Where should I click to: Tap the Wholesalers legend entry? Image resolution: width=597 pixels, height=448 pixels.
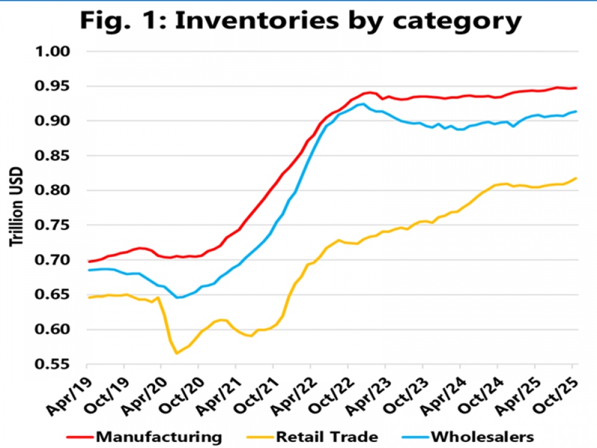click(481, 435)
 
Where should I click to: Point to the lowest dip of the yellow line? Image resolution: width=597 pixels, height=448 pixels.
click(176, 353)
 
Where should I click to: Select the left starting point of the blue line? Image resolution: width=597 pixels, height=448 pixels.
click(88, 270)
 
